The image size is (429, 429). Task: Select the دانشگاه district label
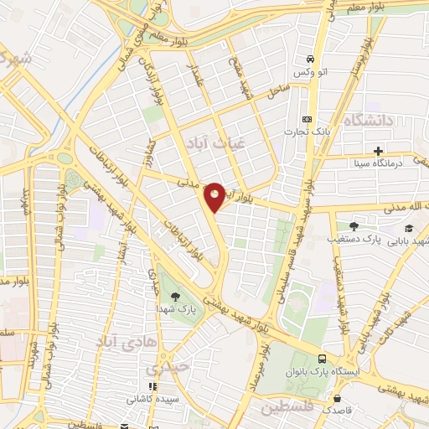(x=367, y=120)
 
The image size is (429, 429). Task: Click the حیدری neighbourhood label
(x=164, y=369)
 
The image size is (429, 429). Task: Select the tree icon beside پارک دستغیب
(x=354, y=225)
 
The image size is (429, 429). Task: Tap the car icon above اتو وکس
(x=311, y=59)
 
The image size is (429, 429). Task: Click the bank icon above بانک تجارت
(x=307, y=119)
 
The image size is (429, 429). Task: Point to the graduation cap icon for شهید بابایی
(x=409, y=228)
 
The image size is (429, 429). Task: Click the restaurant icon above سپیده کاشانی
(x=151, y=386)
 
